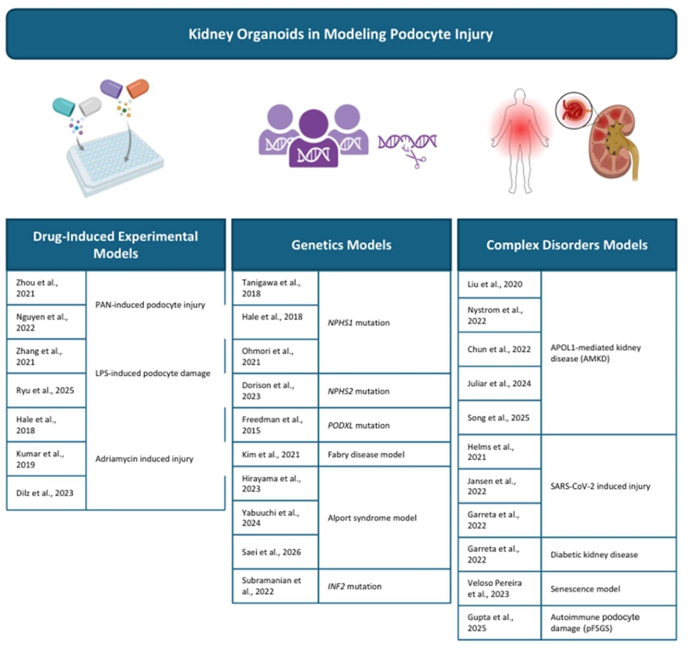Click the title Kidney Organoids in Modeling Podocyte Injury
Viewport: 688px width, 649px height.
[x=341, y=34]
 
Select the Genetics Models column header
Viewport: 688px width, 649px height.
[x=342, y=244]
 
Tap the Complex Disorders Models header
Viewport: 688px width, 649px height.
[x=567, y=244]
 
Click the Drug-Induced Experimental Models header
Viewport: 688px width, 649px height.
[x=116, y=244]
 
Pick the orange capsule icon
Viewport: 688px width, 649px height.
[x=138, y=88]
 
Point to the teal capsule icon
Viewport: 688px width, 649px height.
[x=64, y=107]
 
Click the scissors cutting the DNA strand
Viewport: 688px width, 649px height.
[x=415, y=159]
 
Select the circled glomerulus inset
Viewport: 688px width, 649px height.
[x=574, y=111]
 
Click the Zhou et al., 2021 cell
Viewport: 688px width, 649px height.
[x=47, y=288]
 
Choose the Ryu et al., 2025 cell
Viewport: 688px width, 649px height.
[x=47, y=390]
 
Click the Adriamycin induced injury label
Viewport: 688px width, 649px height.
[x=144, y=458]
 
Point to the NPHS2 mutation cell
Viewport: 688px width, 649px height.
[x=384, y=391]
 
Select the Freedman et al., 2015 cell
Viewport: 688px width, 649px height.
[x=275, y=425]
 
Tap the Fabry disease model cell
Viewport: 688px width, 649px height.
[x=384, y=454]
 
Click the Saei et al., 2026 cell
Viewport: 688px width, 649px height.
[x=275, y=552]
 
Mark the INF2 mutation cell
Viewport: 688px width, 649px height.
[x=384, y=586]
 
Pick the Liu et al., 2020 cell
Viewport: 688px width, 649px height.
[x=500, y=284]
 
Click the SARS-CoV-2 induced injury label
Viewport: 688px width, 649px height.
[x=600, y=486]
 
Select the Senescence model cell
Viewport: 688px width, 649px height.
[x=609, y=589]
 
